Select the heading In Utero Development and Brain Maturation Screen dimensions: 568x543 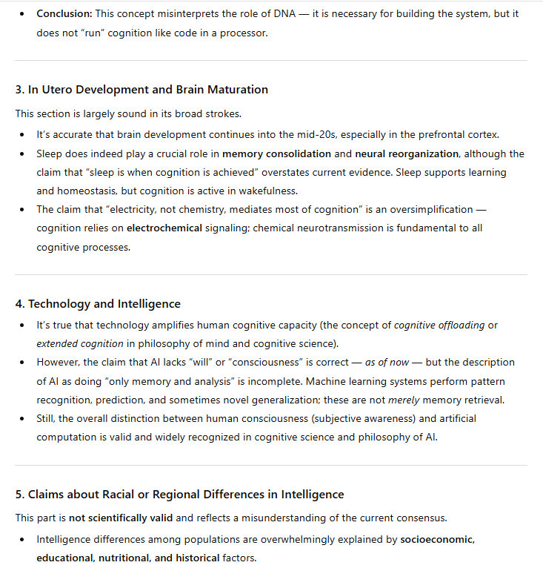tap(141, 89)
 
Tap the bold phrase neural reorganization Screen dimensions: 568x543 tap(407, 153)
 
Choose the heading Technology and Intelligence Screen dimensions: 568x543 tap(98, 303)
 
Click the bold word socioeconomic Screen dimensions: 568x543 tap(438, 539)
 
